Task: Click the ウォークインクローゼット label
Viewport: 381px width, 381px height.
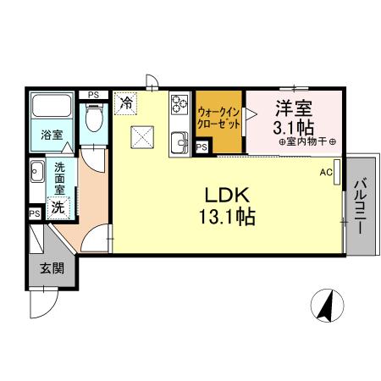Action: pos(218,116)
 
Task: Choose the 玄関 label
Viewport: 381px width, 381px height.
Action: pos(47,269)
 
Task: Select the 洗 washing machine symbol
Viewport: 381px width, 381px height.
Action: pos(58,207)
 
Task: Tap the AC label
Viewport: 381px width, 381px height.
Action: pos(326,173)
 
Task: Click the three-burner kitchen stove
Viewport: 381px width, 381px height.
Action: pos(179,105)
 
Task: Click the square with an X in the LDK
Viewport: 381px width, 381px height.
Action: pos(141,135)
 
